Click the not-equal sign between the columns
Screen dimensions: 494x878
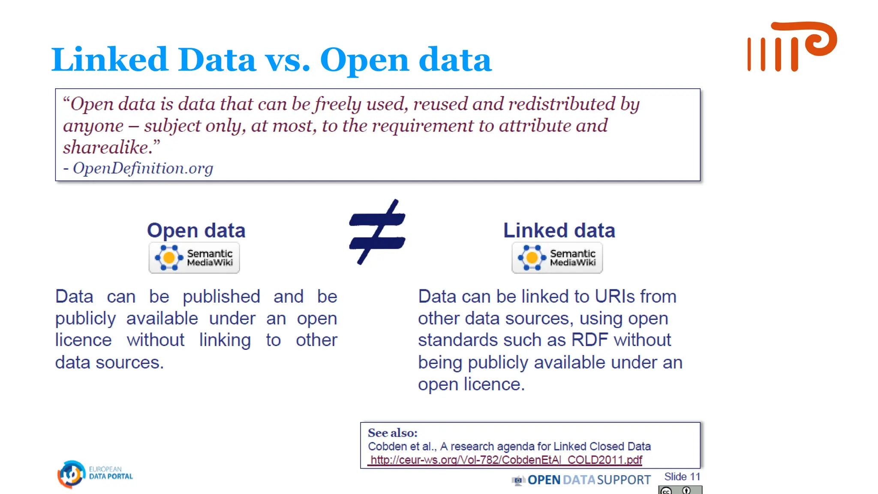pyautogui.click(x=377, y=232)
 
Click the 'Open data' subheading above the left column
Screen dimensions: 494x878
pyautogui.click(x=196, y=230)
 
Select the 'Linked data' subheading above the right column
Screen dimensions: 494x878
pyautogui.click(x=559, y=230)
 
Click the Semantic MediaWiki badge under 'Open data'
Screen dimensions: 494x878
pyautogui.click(x=194, y=258)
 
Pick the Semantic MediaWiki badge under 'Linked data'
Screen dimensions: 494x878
pyautogui.click(x=557, y=258)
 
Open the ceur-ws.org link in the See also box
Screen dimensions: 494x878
pyautogui.click(x=506, y=460)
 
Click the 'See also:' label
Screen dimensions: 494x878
pyautogui.click(x=392, y=433)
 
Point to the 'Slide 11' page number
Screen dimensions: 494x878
pyautogui.click(x=682, y=476)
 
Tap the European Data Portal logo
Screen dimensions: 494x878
pyautogui.click(x=95, y=474)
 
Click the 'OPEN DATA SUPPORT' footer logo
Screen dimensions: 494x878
pyautogui.click(x=582, y=480)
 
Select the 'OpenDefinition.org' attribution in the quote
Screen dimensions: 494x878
pyautogui.click(x=143, y=168)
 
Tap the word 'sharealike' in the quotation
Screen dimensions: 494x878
pyautogui.click(x=105, y=147)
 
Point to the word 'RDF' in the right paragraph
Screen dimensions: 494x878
pyautogui.click(x=589, y=340)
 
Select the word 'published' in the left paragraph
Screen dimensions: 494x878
pyautogui.click(x=221, y=296)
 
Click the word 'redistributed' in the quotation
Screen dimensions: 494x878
pyautogui.click(x=562, y=104)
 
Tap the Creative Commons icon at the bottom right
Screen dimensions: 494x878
pyautogui.click(x=680, y=490)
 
